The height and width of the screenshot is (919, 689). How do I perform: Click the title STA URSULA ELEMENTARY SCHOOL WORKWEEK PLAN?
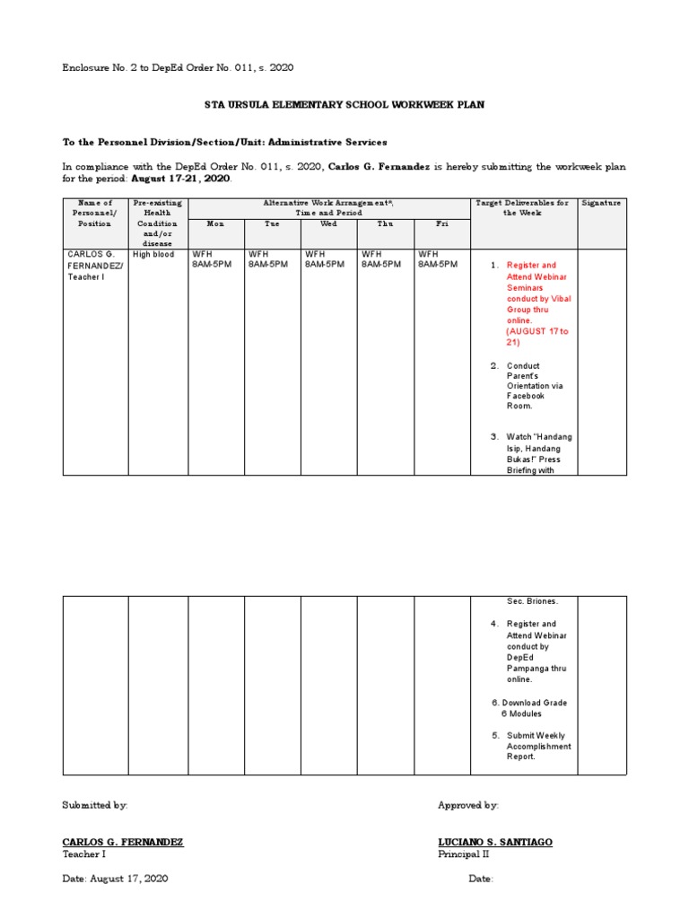[x=344, y=105]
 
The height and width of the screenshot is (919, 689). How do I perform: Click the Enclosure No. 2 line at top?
[x=178, y=67]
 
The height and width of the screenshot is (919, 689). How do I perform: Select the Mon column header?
[x=215, y=223]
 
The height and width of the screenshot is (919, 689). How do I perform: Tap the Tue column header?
[x=272, y=223]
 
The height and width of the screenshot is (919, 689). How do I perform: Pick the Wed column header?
[x=328, y=223]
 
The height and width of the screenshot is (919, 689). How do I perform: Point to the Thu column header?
[x=385, y=223]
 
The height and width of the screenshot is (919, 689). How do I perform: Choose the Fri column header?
[x=441, y=223]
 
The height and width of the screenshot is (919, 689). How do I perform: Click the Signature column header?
[x=601, y=204]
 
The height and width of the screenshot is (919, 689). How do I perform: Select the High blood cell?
[x=153, y=255]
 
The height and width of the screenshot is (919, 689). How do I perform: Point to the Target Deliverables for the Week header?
[x=523, y=208]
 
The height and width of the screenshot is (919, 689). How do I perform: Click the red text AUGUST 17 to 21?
[x=536, y=337]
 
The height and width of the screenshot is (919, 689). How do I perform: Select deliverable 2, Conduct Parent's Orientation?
[x=536, y=386]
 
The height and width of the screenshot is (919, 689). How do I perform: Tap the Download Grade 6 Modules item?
[x=534, y=708]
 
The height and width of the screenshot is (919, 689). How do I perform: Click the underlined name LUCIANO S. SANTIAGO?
[x=495, y=842]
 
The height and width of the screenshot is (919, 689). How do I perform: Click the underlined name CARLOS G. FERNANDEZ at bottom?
[x=123, y=842]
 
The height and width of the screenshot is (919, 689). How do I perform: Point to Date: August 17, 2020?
[x=115, y=879]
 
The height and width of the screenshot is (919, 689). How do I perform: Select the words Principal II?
[x=464, y=854]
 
